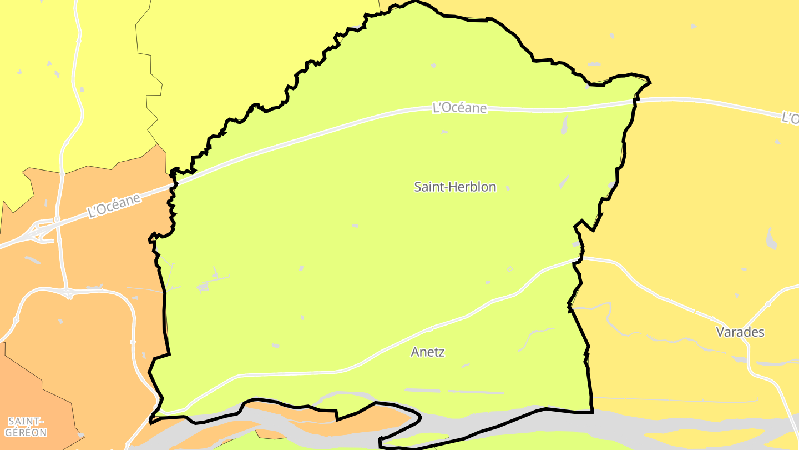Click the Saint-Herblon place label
455,187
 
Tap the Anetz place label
428,352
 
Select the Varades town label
740,332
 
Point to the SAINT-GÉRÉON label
26,427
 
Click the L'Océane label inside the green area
459,108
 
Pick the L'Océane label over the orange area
114,205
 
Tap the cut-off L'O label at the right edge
790,118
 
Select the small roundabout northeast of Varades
767,304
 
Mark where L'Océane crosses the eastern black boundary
635,101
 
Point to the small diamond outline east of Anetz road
510,269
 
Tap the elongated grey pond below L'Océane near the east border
565,125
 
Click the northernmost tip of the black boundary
416,2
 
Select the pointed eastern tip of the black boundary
650,82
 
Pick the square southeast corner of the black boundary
592,412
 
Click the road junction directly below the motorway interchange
68,292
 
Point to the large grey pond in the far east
771,239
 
